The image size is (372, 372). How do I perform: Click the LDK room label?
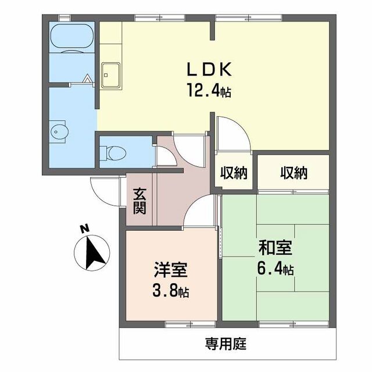209,70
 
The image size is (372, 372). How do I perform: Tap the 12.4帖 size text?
209,91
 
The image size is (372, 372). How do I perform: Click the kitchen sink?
110,74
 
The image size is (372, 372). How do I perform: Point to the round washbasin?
58,131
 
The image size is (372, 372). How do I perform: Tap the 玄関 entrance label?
139,201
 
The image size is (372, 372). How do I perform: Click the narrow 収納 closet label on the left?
234,173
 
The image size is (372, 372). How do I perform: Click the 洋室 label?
171,270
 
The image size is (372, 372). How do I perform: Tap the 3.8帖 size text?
171,291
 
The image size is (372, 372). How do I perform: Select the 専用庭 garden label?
226,344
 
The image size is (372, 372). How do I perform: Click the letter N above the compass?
84,228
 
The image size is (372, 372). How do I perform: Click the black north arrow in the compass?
92,253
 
